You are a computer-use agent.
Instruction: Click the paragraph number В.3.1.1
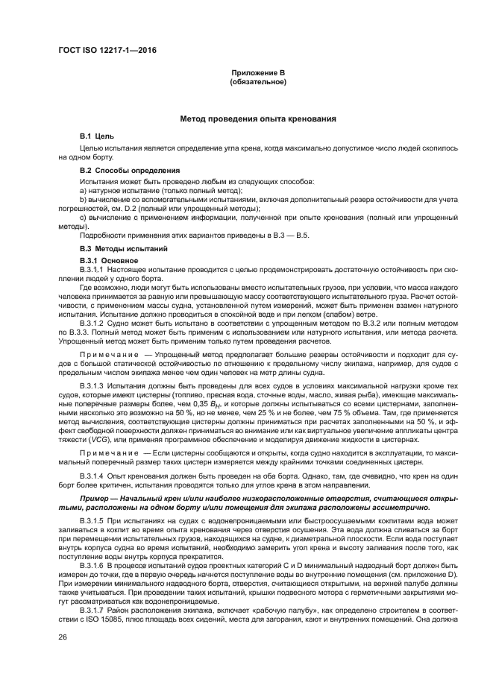pos(93,268)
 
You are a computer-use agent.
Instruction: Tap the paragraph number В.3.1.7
pos(93,608)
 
